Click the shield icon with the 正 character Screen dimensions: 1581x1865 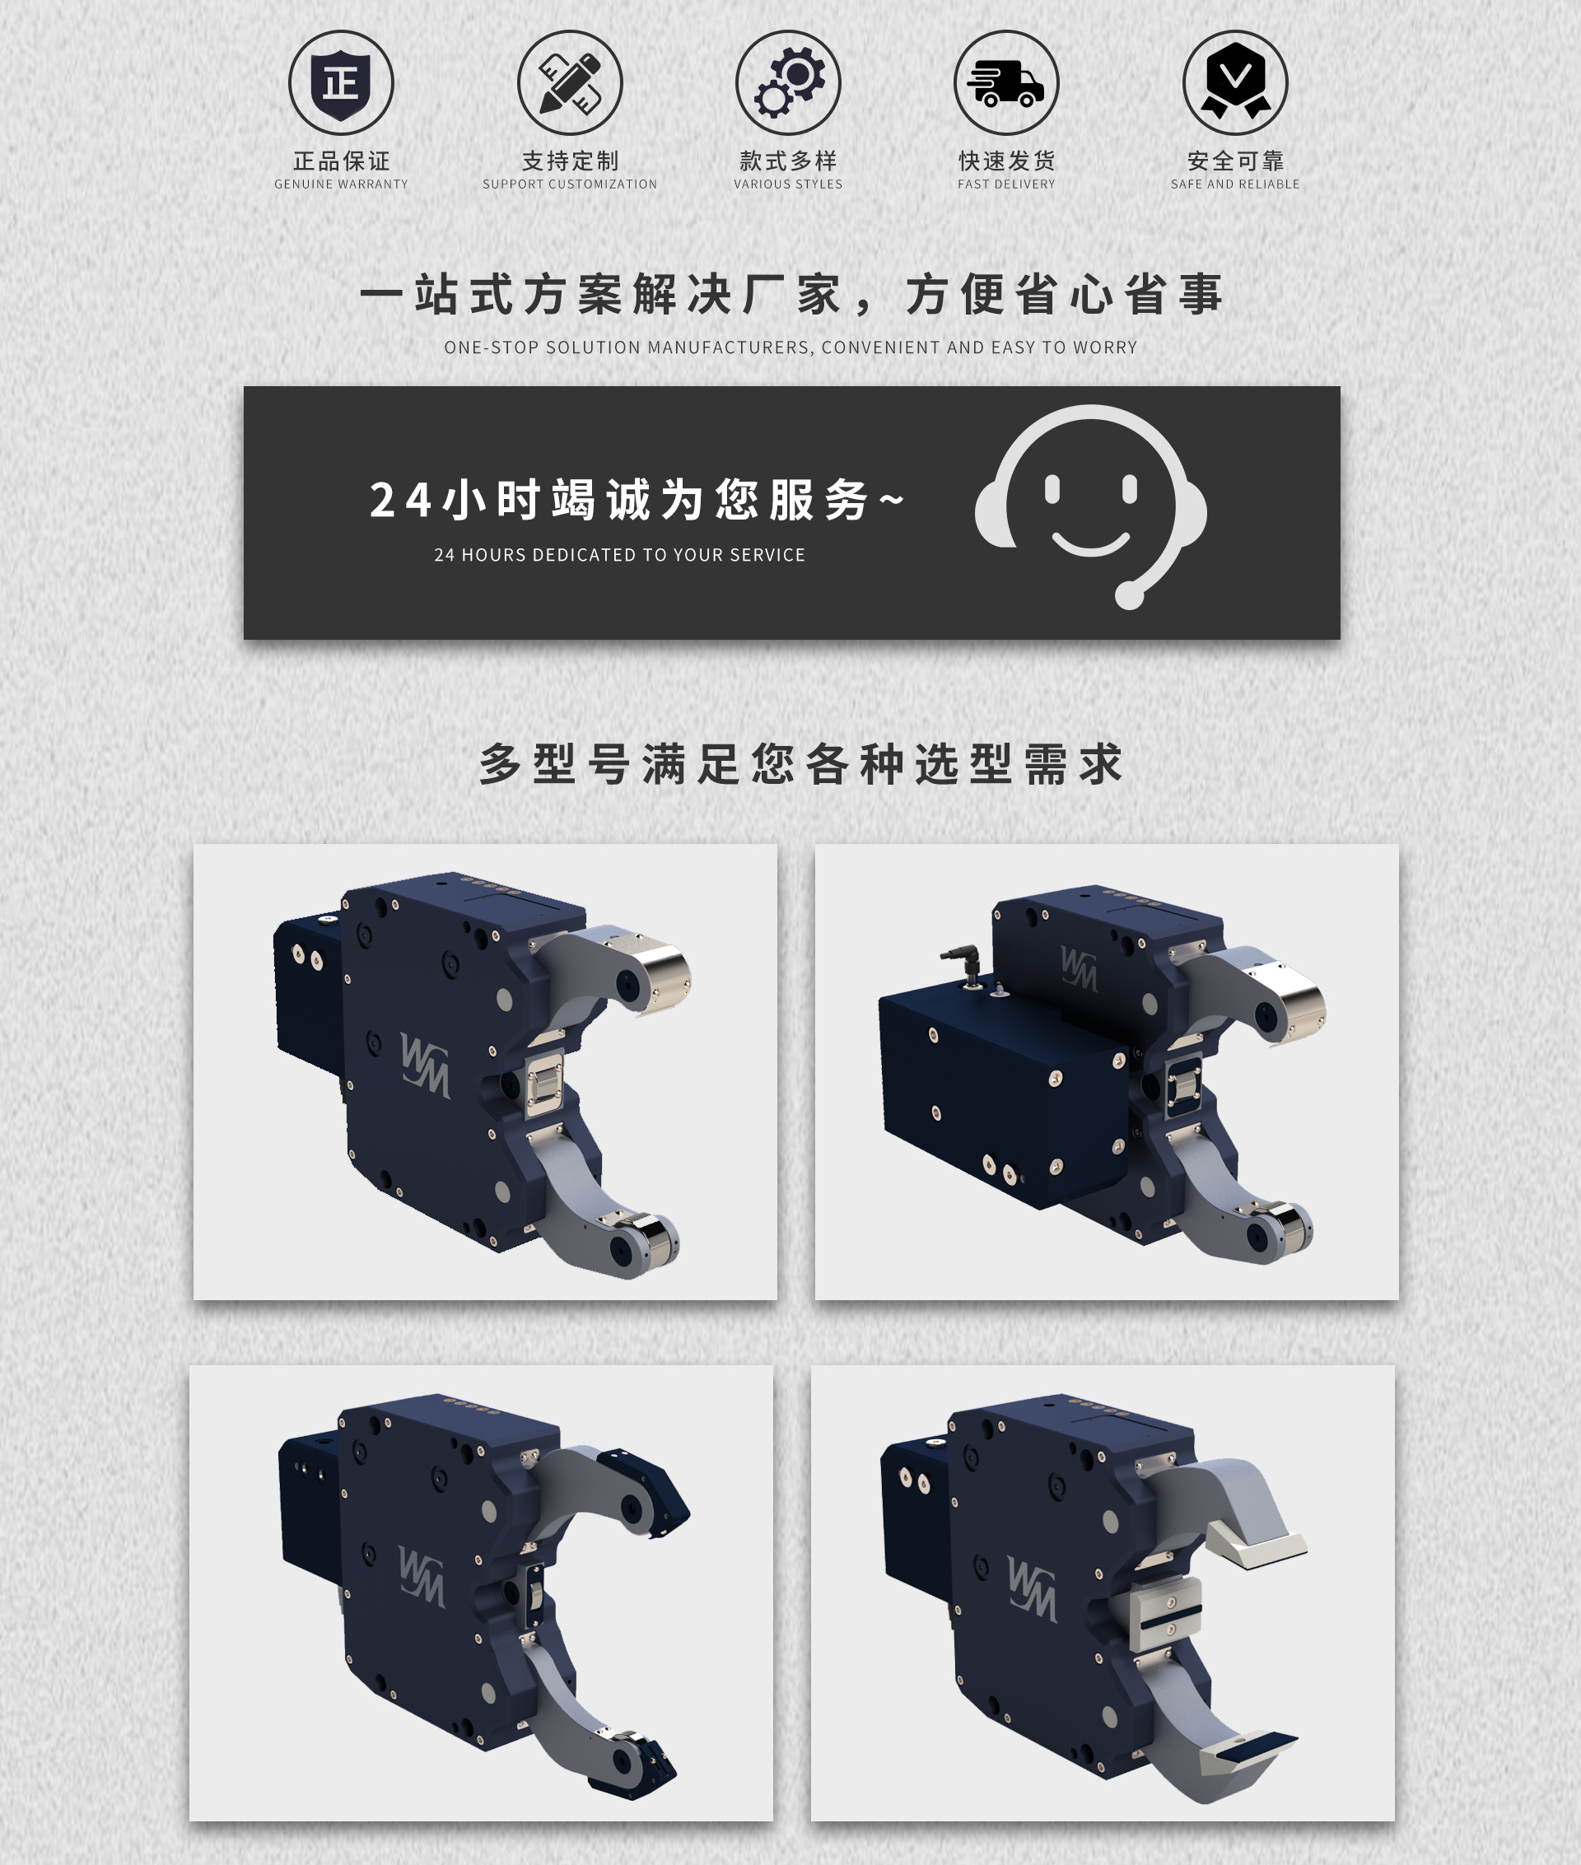click(x=341, y=83)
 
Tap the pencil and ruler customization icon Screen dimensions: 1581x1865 click(x=570, y=83)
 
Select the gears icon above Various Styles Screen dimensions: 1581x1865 click(x=789, y=83)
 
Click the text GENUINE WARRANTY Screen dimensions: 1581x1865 click(x=341, y=184)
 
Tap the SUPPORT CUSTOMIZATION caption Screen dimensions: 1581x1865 click(x=570, y=184)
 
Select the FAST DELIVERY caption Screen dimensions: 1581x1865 click(x=1006, y=184)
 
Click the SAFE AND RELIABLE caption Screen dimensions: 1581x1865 click(x=1235, y=184)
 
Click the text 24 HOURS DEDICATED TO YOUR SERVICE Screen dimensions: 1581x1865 click(x=619, y=556)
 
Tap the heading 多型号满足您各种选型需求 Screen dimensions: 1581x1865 click(x=800, y=764)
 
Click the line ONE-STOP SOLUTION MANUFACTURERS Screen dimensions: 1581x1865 click(x=790, y=347)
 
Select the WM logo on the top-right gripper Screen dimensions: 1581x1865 click(x=1078, y=967)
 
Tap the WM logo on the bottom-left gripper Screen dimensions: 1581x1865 click(x=422, y=1577)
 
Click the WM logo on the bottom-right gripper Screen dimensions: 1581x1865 click(x=1032, y=1589)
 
